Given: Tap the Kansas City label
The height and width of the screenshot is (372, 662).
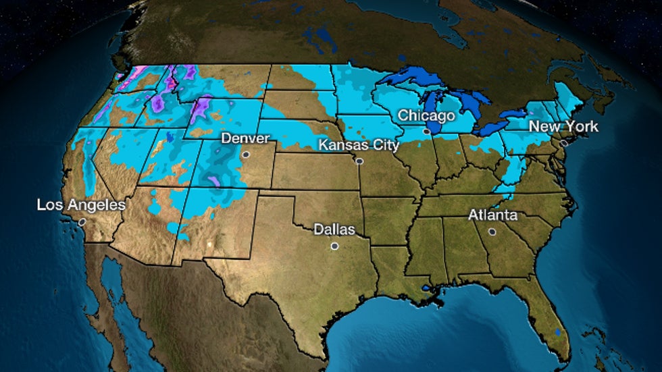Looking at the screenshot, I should (x=359, y=144).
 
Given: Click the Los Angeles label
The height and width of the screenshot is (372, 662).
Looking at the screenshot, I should (x=81, y=205).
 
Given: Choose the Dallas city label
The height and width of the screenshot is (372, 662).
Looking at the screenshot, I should (x=334, y=230).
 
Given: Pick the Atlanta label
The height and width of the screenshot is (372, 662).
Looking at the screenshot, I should (x=493, y=215).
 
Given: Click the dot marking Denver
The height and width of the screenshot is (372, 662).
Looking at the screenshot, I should (x=246, y=155).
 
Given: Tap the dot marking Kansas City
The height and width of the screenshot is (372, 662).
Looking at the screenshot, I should (x=359, y=161).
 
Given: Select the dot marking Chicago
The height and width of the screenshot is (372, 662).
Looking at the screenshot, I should (x=426, y=132).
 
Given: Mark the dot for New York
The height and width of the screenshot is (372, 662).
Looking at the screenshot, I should (x=564, y=142).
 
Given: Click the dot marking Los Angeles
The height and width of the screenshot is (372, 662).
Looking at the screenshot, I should (x=82, y=221).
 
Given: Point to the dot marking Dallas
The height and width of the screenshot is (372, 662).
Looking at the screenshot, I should (x=334, y=246).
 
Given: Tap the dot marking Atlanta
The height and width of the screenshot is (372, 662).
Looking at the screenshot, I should (x=492, y=232).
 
